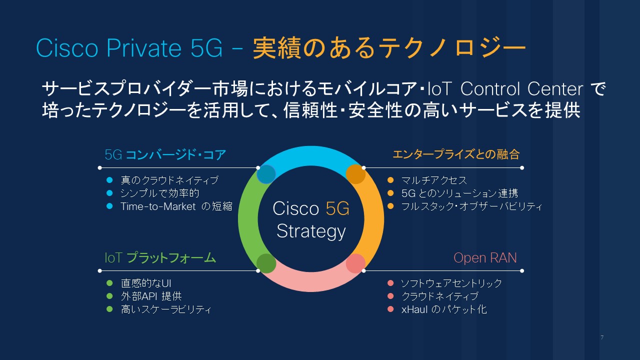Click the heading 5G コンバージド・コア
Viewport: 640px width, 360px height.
(165, 155)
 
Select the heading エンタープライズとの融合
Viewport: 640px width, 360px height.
(456, 154)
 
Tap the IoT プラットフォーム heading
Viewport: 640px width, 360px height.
(160, 257)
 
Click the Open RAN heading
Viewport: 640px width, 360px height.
(485, 257)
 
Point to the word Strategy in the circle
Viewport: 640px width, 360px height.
(311, 231)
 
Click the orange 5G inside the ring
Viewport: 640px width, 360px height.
(337, 208)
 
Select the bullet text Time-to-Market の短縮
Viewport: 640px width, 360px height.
(176, 206)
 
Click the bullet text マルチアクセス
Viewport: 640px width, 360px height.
(433, 180)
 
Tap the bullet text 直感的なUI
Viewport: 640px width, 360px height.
(146, 283)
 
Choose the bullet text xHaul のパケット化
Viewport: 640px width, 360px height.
(444, 309)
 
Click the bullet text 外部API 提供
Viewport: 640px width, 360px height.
(151, 296)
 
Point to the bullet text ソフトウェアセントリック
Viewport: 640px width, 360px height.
(451, 283)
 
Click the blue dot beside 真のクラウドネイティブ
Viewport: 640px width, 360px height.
(109, 180)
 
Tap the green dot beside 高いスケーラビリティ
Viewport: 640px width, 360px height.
(109, 309)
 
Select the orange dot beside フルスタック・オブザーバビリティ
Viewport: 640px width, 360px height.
(390, 206)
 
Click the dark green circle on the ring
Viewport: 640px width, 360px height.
(266, 263)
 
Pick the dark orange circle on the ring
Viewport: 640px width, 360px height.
(355, 174)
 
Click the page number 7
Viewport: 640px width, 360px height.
(602, 337)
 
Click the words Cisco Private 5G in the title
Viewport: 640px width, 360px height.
(129, 48)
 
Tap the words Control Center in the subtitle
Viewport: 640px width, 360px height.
(521, 89)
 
